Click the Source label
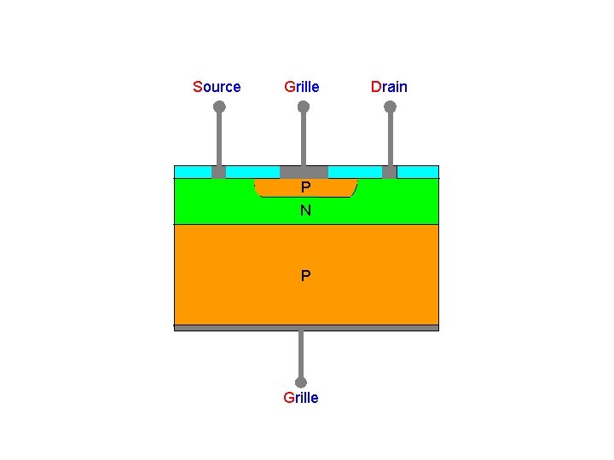217,87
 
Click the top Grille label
302,87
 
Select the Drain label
389,87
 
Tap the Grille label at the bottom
300,398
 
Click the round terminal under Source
219,107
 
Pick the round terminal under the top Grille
303,107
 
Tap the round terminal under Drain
390,107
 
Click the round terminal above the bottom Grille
300,382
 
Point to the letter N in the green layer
305,210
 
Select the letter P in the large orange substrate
305,276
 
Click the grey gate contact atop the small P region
304,171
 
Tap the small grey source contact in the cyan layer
218,172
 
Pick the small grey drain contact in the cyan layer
390,172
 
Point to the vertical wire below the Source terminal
219,140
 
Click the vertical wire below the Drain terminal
390,140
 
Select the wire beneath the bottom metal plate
300,354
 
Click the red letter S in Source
197,87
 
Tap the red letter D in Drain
375,87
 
